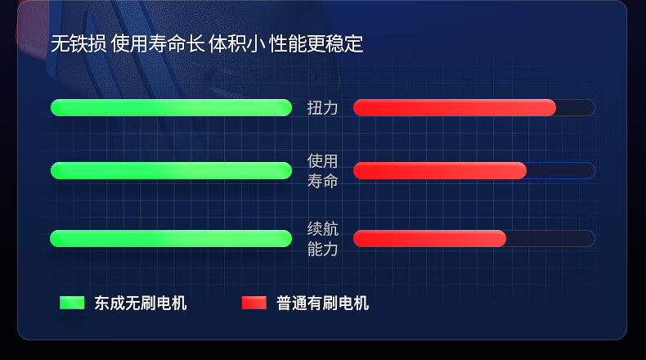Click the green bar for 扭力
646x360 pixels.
pos(171,108)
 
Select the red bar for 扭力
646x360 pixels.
pos(455,108)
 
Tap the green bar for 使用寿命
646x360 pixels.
pos(171,170)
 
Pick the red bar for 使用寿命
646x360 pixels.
pos(440,170)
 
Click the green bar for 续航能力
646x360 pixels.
pos(171,238)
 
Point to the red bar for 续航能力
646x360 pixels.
pos(429,238)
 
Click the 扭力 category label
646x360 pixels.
pos(322,108)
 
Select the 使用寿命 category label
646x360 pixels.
pos(322,171)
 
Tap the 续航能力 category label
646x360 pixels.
pos(322,239)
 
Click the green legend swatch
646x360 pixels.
pos(72,303)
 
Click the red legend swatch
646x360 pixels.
pos(254,303)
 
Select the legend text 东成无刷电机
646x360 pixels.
pos(141,303)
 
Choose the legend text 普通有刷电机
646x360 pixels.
pos(322,303)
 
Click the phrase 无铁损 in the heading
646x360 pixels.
pos(79,43)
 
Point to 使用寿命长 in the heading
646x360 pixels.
pos(158,43)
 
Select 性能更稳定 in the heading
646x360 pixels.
pos(316,43)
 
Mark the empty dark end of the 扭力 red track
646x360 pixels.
pos(576,108)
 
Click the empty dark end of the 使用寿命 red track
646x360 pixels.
pos(561,170)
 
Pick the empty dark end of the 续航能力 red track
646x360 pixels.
pos(550,238)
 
